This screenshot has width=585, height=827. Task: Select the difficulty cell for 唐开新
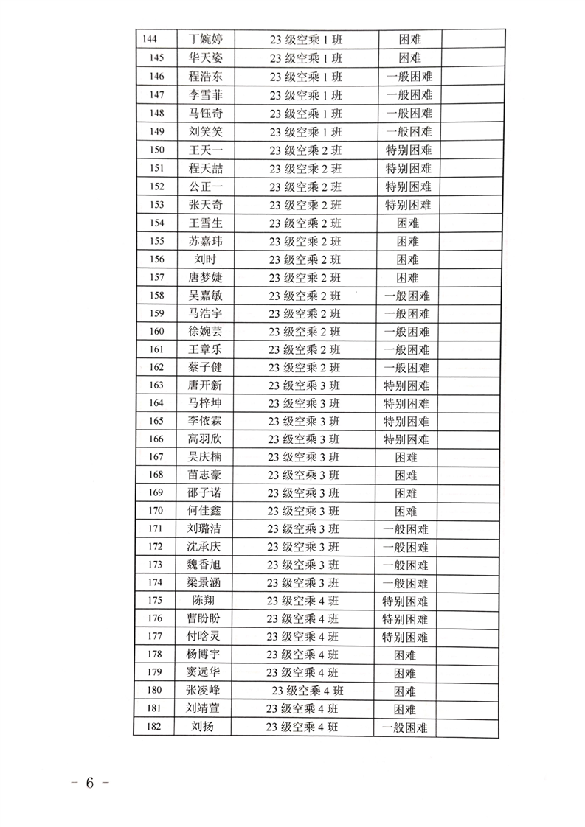coord(407,385)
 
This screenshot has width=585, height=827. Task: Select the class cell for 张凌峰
coord(308,691)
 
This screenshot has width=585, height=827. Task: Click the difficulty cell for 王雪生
coord(407,223)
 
